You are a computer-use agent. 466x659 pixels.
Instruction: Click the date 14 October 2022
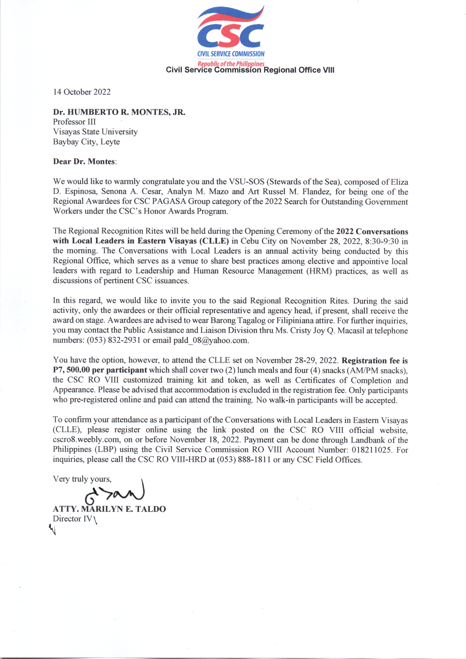click(x=82, y=92)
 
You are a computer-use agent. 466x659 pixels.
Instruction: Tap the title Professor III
click(x=74, y=122)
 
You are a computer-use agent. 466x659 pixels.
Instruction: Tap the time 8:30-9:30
click(x=382, y=241)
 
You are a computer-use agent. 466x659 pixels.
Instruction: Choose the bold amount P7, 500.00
click(x=71, y=370)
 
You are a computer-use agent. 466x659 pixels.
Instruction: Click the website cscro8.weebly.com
click(x=86, y=440)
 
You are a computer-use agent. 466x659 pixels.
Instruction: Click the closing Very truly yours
click(x=82, y=479)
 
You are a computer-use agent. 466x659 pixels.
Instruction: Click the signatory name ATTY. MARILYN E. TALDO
click(x=109, y=509)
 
